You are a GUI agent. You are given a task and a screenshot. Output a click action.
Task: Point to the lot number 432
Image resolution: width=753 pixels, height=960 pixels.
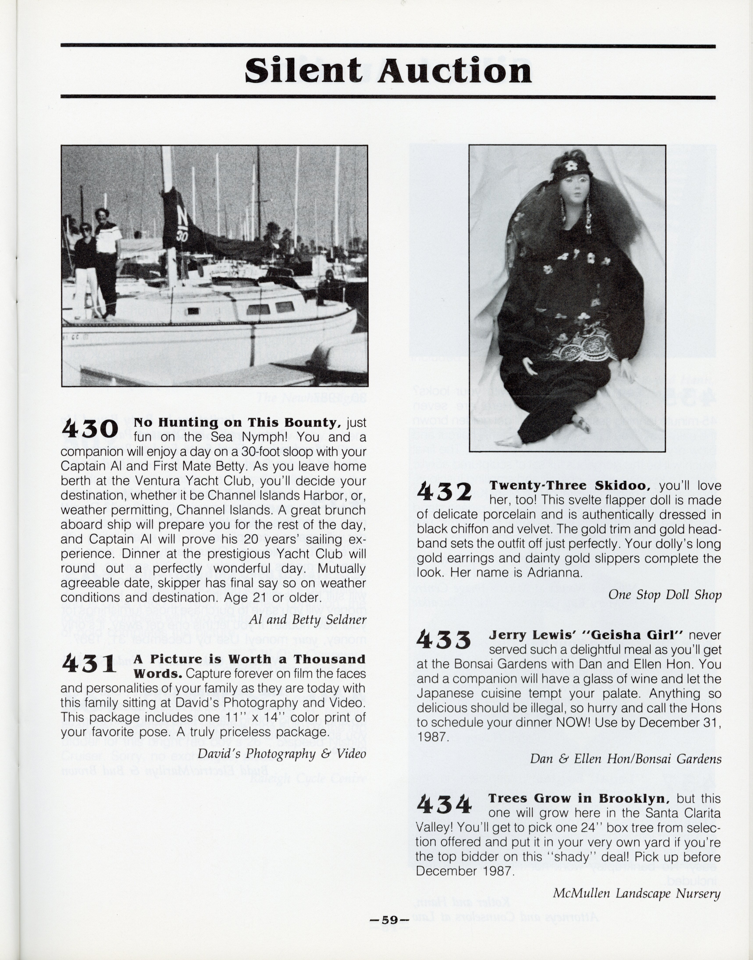tap(444, 492)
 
